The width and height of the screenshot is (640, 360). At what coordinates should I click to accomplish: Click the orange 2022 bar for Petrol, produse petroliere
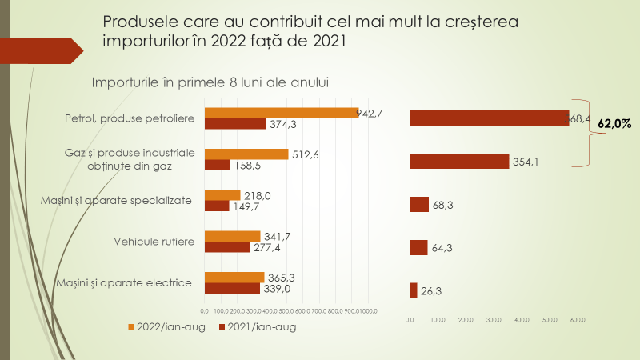282,113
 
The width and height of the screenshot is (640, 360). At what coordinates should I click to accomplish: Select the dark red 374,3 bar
235,124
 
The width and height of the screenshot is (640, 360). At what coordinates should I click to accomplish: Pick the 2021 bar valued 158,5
218,166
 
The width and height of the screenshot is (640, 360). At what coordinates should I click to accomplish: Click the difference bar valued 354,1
458,161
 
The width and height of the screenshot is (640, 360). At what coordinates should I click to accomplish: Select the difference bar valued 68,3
418,205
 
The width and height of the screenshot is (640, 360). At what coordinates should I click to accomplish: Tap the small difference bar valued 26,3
413,291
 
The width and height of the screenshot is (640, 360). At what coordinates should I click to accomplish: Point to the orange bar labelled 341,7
233,236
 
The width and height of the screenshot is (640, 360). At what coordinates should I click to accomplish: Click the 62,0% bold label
614,124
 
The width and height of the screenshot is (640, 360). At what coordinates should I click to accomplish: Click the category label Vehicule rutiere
154,241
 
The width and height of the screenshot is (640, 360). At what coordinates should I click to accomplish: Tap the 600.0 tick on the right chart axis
578,321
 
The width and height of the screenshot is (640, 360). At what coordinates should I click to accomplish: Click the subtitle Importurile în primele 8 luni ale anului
211,82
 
